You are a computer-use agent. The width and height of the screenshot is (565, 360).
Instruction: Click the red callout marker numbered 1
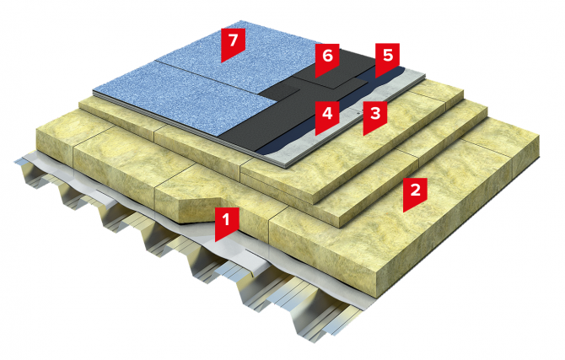tap(226, 223)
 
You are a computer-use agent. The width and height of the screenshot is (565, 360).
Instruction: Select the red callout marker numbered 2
tap(415, 193)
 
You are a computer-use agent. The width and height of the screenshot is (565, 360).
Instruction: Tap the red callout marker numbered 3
tap(374, 116)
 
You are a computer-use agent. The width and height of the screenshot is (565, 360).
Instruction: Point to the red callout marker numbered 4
tap(327, 116)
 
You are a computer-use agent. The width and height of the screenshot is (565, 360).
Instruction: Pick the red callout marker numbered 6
tap(327, 59)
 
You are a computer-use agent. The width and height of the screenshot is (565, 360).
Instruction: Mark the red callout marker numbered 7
tap(233, 44)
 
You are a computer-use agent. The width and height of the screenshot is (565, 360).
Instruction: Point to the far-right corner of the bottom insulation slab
tap(539, 136)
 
